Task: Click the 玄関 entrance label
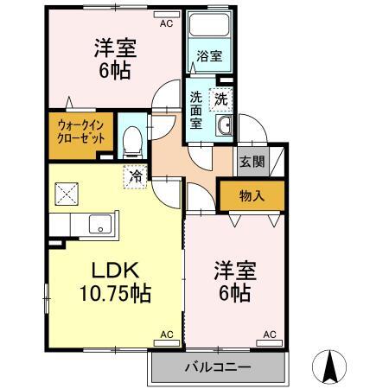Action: point(252,162)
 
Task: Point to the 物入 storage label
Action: point(252,196)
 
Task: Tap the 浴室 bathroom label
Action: point(209,56)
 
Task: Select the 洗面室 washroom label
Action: point(196,110)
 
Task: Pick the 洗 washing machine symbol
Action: point(221,99)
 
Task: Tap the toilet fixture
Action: point(132,138)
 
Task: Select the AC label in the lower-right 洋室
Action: point(269,334)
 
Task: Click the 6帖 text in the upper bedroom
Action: point(114,70)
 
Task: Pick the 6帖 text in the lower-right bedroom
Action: point(233,292)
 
